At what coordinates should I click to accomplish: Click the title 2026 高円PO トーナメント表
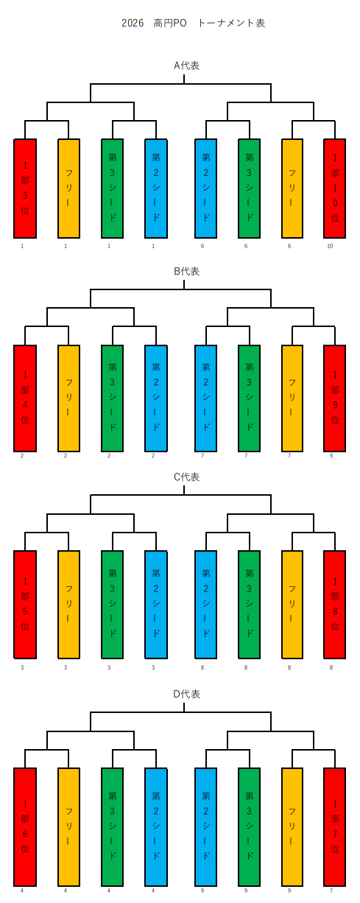pos(193,23)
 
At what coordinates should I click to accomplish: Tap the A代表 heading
pos(187,66)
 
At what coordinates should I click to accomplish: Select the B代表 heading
pos(187,271)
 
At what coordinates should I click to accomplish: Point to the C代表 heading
pos(187,477)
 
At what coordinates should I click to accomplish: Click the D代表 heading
pos(187,694)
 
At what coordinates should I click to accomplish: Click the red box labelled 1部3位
pos(25,189)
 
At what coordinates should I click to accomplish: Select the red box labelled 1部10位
pos(335,189)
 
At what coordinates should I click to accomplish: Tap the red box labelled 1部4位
pos(25,398)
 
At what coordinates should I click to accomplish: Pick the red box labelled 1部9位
pos(335,398)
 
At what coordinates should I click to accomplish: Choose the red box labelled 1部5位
pos(25,605)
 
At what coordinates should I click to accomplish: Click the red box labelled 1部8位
pos(335,605)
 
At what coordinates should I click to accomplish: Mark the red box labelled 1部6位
pos(25,827)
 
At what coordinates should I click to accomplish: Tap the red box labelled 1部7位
pos(335,827)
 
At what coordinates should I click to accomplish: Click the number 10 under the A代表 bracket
pos(330,246)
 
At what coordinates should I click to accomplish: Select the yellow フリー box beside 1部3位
pos(68,189)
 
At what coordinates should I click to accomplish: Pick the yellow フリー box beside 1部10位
pos(292,189)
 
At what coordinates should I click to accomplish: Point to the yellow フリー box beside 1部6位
pos(68,827)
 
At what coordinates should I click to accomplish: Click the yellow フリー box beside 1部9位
pos(292,398)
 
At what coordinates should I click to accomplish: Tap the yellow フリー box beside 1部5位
pos(68,605)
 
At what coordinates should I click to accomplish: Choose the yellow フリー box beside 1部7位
pos(292,827)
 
